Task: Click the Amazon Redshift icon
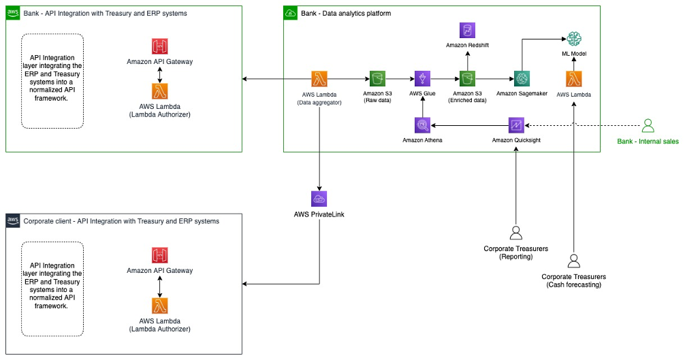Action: (x=467, y=30)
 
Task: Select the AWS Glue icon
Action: (x=422, y=78)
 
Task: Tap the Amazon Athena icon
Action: (x=422, y=125)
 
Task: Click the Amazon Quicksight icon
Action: (x=516, y=125)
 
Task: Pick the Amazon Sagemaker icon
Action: (x=523, y=78)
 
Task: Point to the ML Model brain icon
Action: (x=574, y=39)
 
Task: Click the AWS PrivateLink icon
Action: (x=319, y=199)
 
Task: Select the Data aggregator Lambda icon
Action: (x=319, y=78)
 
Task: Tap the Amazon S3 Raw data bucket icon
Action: (x=377, y=78)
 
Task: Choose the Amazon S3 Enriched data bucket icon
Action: (x=467, y=78)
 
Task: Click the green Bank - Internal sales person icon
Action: (x=648, y=125)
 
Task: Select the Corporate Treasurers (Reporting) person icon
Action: (x=515, y=231)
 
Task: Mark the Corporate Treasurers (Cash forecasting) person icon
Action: (x=573, y=259)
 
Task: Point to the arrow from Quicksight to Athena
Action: (x=470, y=125)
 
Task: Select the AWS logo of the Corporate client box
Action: (x=13, y=220)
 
